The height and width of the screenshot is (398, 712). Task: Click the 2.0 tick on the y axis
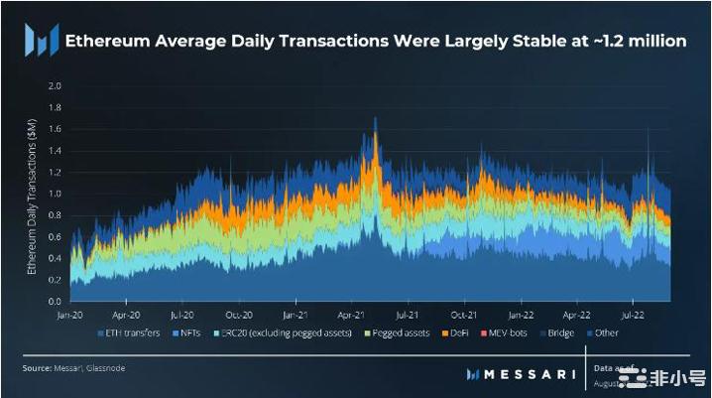coord(55,86)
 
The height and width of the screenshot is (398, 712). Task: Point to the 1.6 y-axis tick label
coord(55,129)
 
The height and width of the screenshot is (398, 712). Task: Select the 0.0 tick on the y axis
coord(55,301)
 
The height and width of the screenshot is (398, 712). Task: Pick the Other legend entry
coord(607,332)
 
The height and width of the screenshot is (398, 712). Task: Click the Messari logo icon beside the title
coord(40,42)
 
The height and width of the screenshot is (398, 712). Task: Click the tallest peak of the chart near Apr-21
coord(375,118)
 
